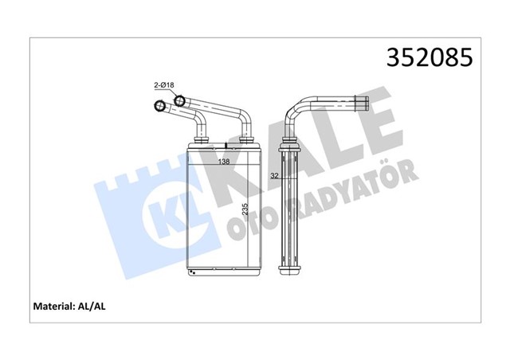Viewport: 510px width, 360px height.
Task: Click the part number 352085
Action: point(430,58)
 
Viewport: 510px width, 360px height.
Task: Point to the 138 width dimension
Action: point(226,162)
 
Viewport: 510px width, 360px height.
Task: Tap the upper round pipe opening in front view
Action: point(179,101)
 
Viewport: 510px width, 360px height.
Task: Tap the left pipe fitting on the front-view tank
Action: point(199,140)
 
